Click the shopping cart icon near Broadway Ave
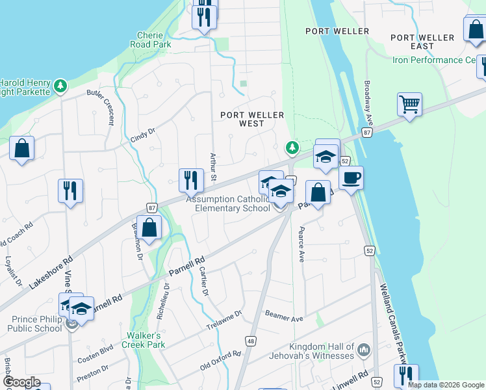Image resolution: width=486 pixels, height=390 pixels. pyautogui.click(x=409, y=104)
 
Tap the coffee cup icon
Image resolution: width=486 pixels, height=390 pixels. pyautogui.click(x=351, y=177)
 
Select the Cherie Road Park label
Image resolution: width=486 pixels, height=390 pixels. pyautogui.click(x=153, y=40)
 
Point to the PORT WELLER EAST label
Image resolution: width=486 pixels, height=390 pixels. pyautogui.click(x=422, y=42)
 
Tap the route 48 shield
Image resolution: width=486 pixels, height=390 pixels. pyautogui.click(x=250, y=340)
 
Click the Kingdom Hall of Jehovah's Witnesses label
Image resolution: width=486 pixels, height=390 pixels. pyautogui.click(x=314, y=351)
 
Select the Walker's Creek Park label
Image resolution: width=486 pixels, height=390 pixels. pyautogui.click(x=144, y=341)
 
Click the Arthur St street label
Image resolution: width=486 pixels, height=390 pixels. pyautogui.click(x=212, y=166)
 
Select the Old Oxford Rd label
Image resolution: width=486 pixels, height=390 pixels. pyautogui.click(x=220, y=363)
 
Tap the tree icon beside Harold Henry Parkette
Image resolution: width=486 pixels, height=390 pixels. pyautogui.click(x=60, y=85)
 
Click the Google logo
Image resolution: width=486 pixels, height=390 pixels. pyautogui.click(x=21, y=382)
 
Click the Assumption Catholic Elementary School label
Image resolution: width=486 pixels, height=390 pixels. pyautogui.click(x=228, y=204)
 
